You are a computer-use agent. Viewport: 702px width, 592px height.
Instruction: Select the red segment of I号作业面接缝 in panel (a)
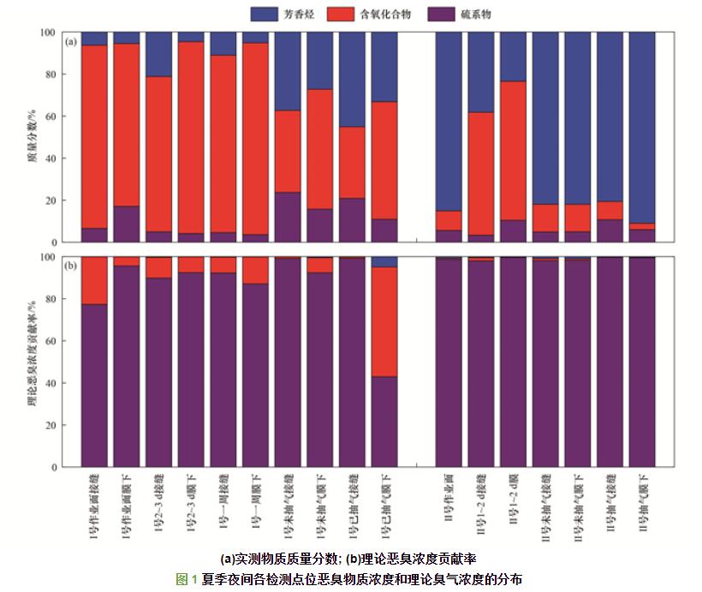pos(94,136)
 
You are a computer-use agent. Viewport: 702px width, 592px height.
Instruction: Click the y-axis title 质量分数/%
pos(33,137)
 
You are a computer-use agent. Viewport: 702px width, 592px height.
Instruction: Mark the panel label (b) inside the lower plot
pos(73,266)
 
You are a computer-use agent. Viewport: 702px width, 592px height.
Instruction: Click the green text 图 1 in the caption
pos(187,579)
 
